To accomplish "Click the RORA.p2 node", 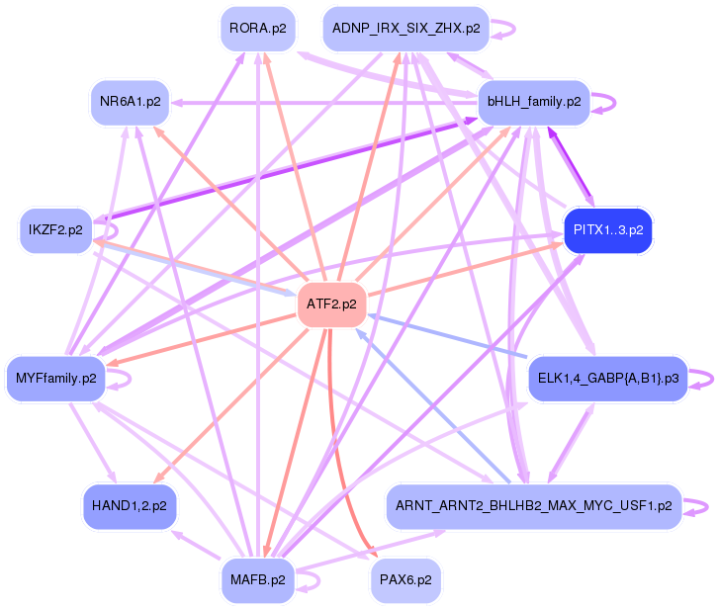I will pos(257,28).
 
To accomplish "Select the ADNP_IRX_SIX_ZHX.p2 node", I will pos(406,28).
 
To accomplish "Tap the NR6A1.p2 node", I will pos(131,102).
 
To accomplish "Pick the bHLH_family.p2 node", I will pos(534,102).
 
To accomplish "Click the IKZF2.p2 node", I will pos(55,230).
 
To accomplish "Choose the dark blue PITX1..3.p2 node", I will pos(607,230).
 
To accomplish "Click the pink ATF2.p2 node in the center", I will pos(331,304).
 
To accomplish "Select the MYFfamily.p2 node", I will pos(56,378).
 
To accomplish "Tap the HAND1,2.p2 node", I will pos(129,505).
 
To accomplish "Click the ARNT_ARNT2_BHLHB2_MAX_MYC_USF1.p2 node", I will pos(534,505).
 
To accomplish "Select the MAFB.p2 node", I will pos(257,579).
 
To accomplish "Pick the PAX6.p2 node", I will pos(405,579).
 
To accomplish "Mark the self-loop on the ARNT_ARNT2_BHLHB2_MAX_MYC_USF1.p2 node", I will pos(702,505).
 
